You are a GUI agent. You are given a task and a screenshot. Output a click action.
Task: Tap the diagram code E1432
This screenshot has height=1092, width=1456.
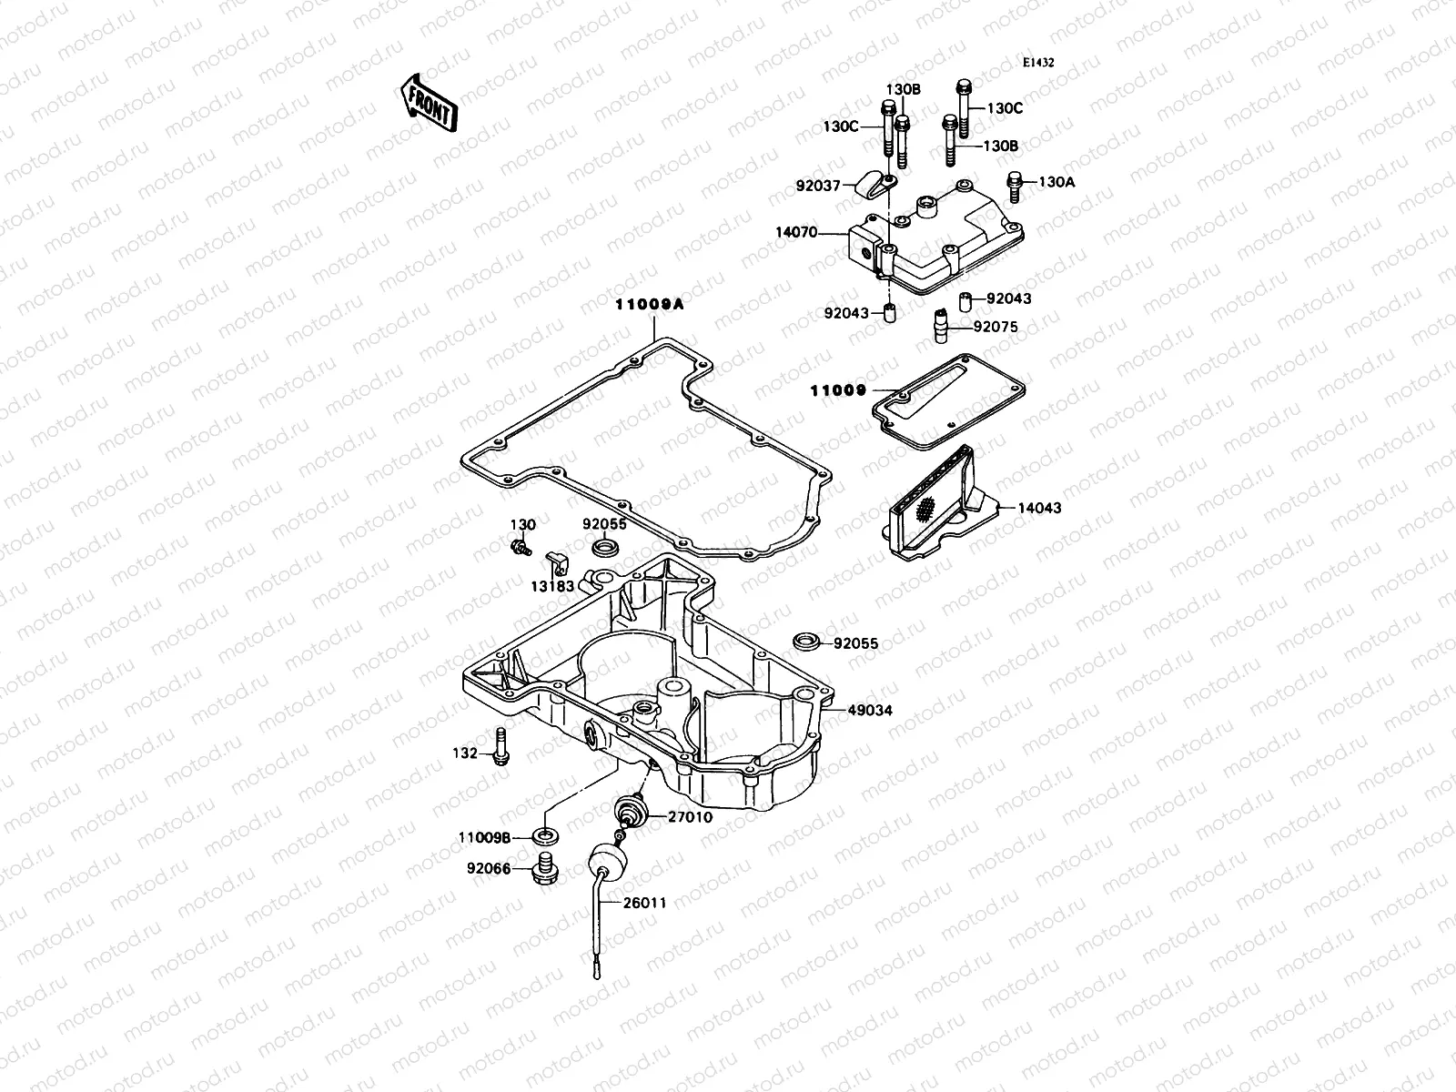point(1037,64)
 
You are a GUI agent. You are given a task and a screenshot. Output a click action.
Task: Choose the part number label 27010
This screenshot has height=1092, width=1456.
point(690,817)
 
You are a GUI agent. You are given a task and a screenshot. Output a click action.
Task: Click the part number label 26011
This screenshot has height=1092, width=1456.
point(644,904)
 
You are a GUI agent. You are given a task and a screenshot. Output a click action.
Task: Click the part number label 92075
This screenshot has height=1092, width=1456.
point(996,327)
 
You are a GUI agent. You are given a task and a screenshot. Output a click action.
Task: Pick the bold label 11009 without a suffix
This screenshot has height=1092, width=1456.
point(838,390)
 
